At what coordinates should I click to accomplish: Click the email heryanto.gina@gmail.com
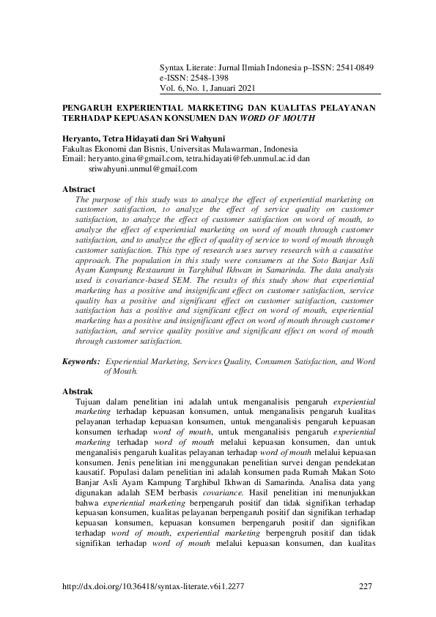134,158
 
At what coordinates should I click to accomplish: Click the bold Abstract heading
78,189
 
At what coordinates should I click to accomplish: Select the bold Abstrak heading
78,392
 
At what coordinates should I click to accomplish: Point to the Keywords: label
81,361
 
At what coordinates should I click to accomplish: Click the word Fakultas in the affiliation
78,147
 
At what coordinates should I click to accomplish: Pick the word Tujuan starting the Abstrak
91,402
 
